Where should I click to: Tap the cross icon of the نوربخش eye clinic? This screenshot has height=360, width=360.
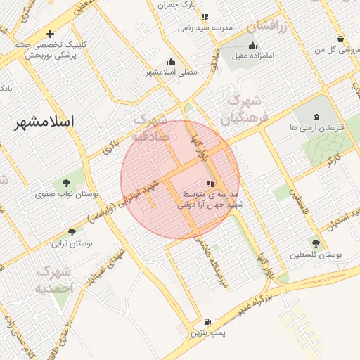tap(50, 34)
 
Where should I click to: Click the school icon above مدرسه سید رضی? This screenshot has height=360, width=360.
tap(205, 17)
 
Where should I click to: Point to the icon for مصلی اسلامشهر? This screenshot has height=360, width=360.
tap(172, 61)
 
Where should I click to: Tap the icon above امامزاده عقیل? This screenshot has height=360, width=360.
tap(253, 45)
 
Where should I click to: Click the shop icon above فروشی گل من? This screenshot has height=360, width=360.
tap(341, 39)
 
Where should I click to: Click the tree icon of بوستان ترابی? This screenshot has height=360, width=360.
tap(72, 232)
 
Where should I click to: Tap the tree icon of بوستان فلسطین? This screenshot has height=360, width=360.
tap(316, 243)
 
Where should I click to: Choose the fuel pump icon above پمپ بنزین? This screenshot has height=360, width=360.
tap(207, 322)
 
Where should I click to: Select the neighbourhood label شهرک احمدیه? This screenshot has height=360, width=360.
tap(55, 279)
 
